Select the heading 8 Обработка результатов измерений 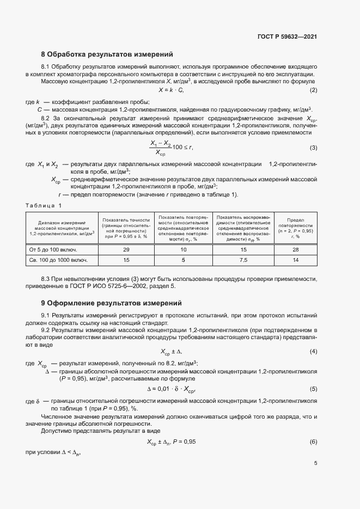(107, 54)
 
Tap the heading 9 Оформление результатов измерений (111, 303)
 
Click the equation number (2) (313, 90)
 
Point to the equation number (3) (313, 148)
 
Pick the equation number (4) (313, 351)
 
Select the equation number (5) (313, 389)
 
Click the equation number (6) (313, 441)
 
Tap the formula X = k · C (171, 90)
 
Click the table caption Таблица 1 (45, 205)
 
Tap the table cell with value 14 (296, 260)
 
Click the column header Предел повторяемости (296, 228)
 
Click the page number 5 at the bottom (315, 464)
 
